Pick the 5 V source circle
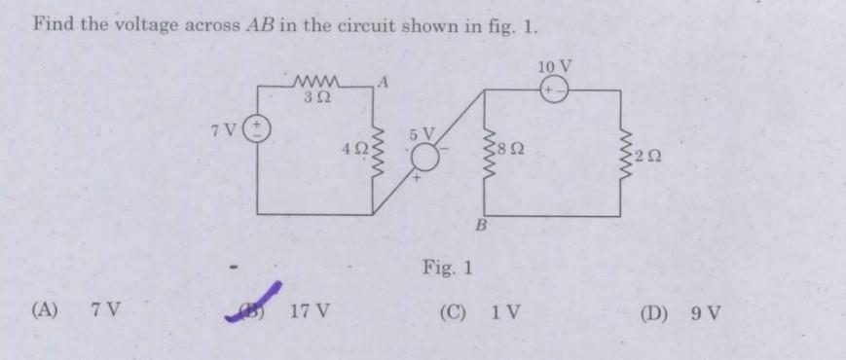tap(424, 156)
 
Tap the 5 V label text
tap(422, 132)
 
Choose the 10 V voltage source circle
tap(554, 88)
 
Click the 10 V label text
tap(554, 66)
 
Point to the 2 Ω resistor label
tap(647, 157)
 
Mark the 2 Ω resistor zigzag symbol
tap(623, 153)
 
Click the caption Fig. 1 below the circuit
tap(448, 267)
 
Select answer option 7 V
tap(105, 311)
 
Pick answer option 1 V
tap(506, 312)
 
